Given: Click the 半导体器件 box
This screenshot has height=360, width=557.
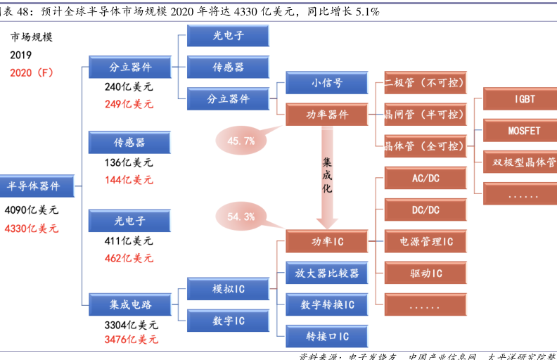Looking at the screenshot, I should (x=34, y=186).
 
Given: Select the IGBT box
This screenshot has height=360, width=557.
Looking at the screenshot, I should (x=524, y=99).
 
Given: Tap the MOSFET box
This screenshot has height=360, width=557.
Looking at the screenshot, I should (x=524, y=131).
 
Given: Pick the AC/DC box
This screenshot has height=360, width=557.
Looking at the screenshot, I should (x=425, y=178).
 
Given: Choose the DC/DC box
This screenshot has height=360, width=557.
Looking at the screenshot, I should (x=425, y=210).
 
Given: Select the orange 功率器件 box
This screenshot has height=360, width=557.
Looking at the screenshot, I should (x=327, y=114).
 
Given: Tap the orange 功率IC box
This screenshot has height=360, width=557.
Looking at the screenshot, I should (x=327, y=242).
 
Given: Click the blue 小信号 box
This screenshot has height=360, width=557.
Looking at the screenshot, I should (x=327, y=83).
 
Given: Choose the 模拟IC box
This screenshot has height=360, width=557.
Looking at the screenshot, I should (x=229, y=289).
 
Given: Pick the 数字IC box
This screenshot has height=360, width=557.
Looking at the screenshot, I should (x=229, y=321).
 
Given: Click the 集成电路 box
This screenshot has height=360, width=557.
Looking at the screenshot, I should (x=130, y=304).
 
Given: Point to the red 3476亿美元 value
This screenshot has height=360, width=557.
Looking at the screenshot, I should (x=131, y=340).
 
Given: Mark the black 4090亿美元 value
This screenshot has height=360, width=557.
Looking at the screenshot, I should (x=32, y=210).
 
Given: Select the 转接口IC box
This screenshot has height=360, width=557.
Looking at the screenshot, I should (x=327, y=336).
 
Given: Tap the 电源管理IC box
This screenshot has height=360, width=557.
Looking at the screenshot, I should (x=425, y=242).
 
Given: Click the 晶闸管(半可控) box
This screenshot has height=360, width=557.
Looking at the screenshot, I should (x=425, y=114).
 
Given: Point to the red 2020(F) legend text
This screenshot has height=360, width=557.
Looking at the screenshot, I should (x=32, y=72).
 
